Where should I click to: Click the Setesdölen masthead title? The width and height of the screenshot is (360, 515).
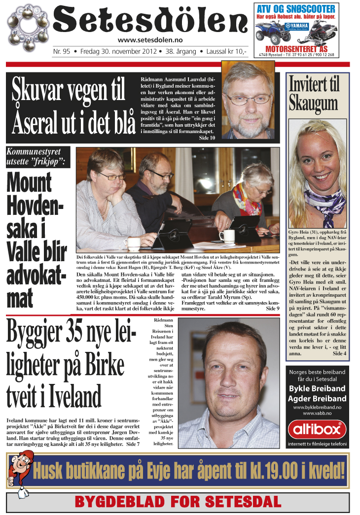(x=150, y=21)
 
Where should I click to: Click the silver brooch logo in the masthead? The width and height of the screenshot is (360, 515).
(x=29, y=28)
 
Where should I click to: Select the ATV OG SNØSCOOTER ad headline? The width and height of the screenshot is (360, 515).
(x=296, y=9)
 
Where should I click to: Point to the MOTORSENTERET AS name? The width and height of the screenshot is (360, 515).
(x=296, y=49)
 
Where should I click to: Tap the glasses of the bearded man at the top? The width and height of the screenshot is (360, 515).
(x=248, y=98)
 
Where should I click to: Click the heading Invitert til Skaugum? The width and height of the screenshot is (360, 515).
(x=314, y=94)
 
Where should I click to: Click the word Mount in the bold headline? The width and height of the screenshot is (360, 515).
(x=29, y=183)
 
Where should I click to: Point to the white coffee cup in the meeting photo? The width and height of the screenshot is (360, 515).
(x=226, y=236)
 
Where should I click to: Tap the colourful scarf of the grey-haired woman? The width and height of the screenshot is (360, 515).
(x=248, y=200)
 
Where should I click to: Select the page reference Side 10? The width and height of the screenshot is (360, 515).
(x=207, y=138)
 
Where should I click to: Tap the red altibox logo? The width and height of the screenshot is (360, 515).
(x=317, y=430)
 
